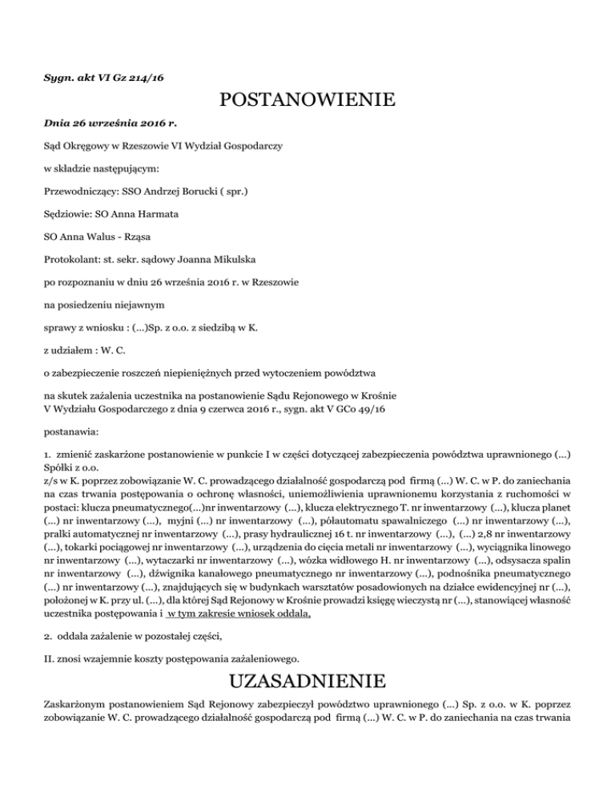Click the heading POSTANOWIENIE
307,101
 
